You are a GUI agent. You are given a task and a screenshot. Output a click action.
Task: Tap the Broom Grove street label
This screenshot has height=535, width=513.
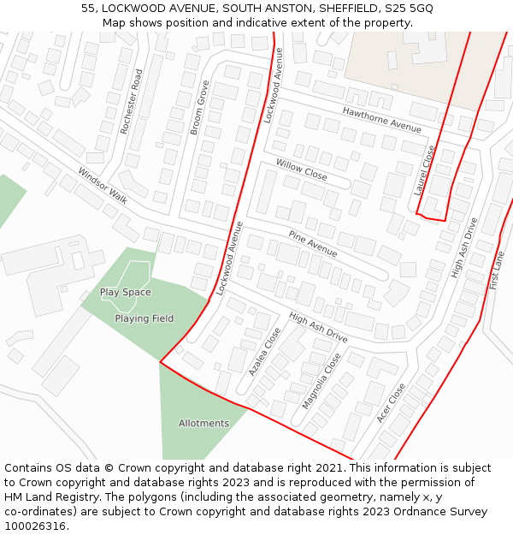(199, 108)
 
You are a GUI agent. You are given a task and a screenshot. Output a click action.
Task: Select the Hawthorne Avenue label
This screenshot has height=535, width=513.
(382, 119)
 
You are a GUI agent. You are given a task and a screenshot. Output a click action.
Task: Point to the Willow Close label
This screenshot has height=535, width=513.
(301, 169)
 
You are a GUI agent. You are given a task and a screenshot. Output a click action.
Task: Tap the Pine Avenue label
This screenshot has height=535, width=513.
(312, 243)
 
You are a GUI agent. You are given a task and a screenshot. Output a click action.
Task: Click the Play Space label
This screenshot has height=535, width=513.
(125, 292)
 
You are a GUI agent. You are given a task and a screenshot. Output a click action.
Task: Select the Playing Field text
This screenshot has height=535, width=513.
(144, 318)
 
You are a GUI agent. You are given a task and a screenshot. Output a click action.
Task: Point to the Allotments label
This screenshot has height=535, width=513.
(203, 423)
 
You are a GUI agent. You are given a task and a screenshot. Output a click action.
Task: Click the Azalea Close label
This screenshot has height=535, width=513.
(264, 351)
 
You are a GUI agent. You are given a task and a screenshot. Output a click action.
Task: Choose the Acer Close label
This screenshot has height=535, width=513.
(392, 402)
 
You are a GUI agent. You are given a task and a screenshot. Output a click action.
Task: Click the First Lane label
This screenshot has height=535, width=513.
(497, 270)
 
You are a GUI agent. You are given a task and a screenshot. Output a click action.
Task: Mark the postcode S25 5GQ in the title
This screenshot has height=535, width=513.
(409, 8)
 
